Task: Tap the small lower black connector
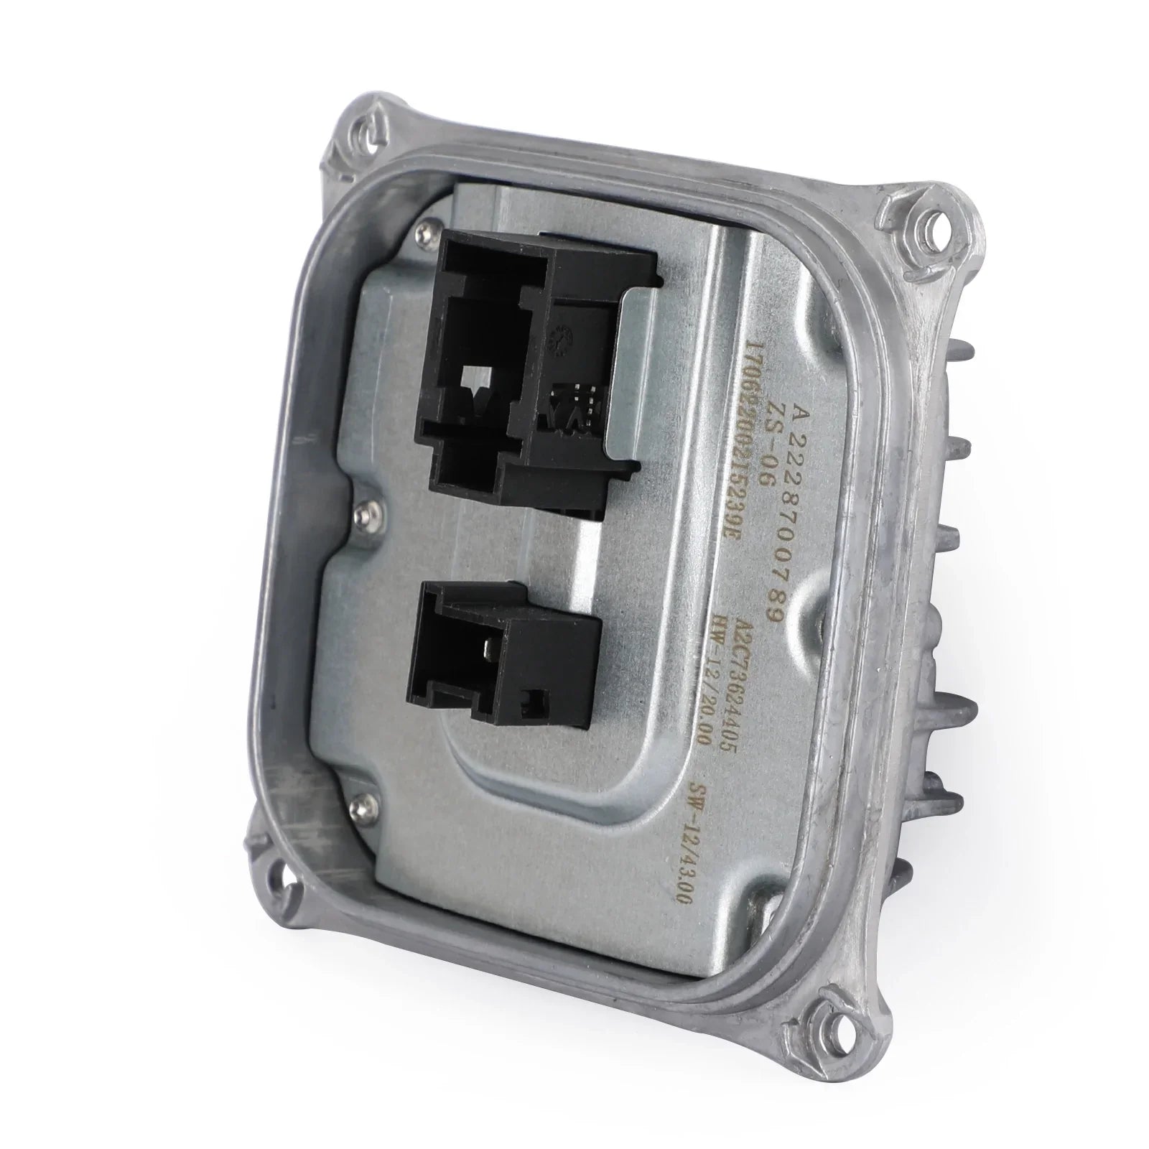tap(503, 668)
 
